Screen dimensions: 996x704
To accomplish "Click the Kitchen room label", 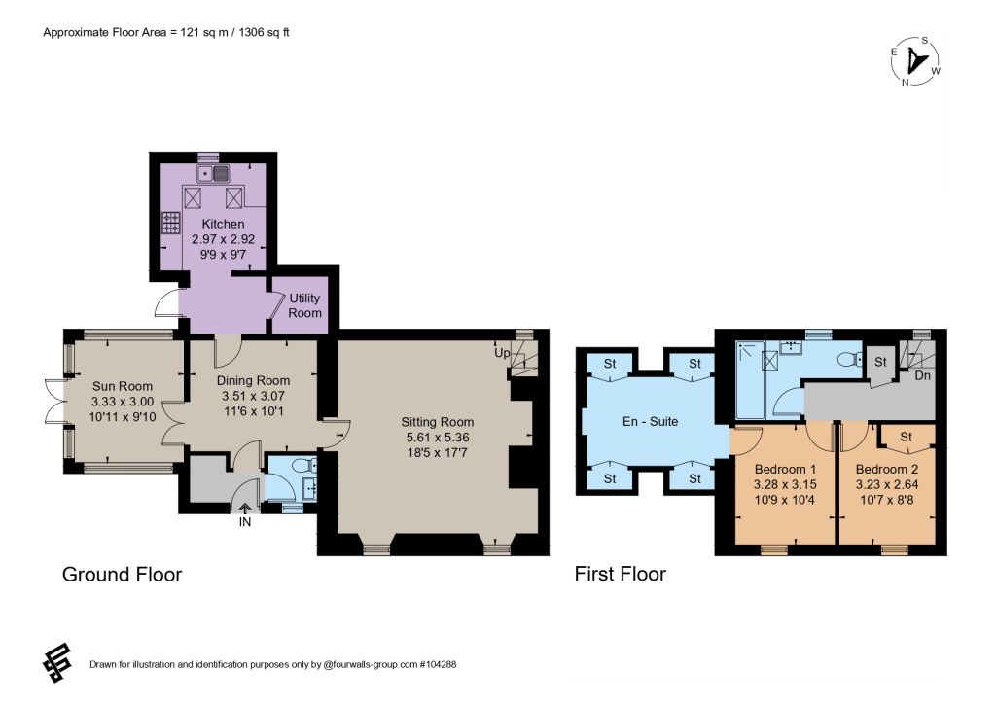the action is (223, 224).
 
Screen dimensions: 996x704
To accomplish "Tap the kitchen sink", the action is (213, 173).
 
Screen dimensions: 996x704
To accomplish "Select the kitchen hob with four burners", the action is (171, 223).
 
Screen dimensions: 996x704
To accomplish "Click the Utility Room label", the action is (304, 305).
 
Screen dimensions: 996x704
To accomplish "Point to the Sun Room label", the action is (123, 386).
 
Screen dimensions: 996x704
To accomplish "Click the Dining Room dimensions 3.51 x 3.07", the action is (253, 396).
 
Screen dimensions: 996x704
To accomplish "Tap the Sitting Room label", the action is (437, 421).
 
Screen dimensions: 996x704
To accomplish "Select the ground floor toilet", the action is (305, 466).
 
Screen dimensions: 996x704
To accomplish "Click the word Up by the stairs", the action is (502, 352).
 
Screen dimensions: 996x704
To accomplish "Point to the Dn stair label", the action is (922, 375).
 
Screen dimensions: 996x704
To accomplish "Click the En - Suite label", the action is (650, 421).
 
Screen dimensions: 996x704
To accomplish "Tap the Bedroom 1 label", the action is (785, 469).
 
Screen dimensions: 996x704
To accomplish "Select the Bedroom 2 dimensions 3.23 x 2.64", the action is (887, 484).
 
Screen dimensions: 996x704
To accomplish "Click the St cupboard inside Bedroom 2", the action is (906, 437).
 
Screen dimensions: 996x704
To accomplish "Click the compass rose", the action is (916, 61).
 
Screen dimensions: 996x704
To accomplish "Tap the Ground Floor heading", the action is (122, 575).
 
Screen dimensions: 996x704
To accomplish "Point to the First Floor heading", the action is (620, 574).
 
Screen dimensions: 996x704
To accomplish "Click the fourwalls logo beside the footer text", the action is (57, 663).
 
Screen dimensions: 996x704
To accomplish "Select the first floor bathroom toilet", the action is (849, 360).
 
